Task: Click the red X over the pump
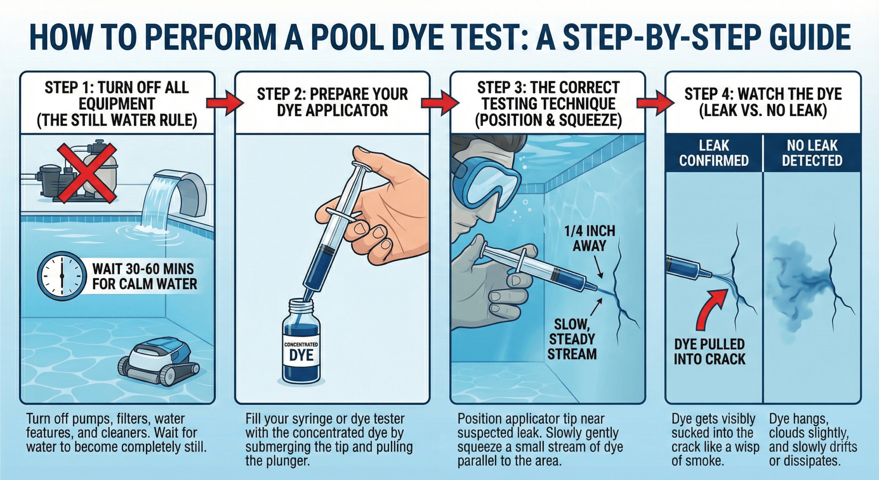pos(87,173)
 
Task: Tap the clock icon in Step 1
pos(61,276)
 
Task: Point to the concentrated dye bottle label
pos(301,353)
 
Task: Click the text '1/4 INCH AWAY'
pos(589,238)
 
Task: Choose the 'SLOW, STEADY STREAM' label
pos(572,339)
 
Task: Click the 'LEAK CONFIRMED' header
pos(714,153)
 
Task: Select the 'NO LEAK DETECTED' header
pos(812,153)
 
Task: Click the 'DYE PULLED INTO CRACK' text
pos(709,352)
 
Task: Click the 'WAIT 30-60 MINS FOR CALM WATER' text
pos(145,276)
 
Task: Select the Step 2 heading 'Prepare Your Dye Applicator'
pos(332,102)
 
